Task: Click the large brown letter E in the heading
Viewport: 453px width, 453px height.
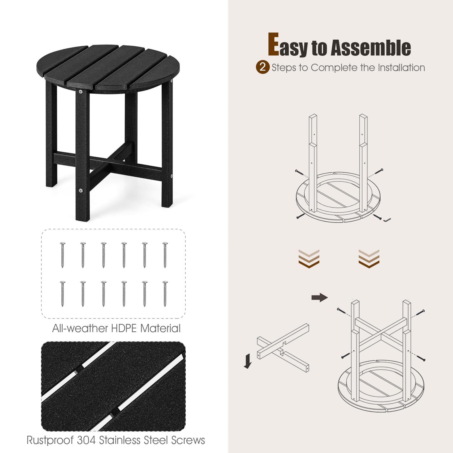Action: (273, 44)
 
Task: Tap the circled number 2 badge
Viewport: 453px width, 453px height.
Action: (262, 67)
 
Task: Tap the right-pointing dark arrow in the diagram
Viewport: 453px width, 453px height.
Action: (319, 297)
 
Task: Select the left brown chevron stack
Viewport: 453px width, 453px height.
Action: (309, 258)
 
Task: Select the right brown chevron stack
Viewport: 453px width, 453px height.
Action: (369, 258)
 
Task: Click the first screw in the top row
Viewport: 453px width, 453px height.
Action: (63, 255)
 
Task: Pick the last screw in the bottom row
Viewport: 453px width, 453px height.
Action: (165, 294)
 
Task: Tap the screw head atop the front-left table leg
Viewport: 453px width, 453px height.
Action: (81, 91)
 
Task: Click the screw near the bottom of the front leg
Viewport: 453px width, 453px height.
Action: (81, 191)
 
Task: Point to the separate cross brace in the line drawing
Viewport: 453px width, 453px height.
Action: (283, 348)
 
